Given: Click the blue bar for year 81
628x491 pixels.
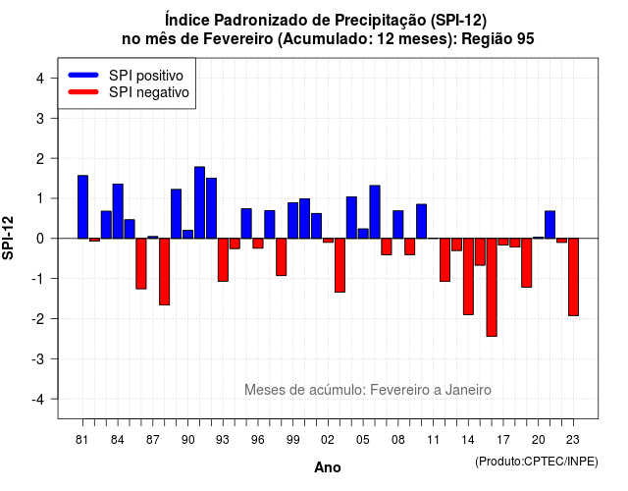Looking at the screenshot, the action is [x=82, y=207].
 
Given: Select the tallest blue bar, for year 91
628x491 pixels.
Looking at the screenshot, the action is [x=199, y=202].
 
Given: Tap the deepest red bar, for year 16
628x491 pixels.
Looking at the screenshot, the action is [x=492, y=288].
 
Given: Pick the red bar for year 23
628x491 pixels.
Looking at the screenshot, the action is [x=573, y=277].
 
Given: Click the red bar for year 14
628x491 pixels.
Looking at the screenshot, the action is [x=468, y=277].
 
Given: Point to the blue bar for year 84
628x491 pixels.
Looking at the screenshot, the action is [x=118, y=211].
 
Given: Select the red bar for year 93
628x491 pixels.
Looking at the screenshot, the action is [x=223, y=259].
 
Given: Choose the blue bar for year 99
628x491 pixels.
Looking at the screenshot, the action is [x=293, y=220].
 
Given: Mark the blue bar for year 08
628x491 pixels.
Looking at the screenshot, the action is [x=398, y=225].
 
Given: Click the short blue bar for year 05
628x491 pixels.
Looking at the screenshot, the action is [x=363, y=234].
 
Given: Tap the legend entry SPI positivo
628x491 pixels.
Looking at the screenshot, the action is [x=146, y=76].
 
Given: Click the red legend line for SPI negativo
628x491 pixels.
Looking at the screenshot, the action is [x=83, y=91].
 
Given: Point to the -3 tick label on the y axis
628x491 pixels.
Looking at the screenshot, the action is [x=39, y=358].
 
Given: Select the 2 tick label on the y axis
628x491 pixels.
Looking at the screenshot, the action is [x=40, y=158].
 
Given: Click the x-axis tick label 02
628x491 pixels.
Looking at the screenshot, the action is [x=328, y=440].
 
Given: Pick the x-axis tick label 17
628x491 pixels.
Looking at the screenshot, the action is [x=503, y=440].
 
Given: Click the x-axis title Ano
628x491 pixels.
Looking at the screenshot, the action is [x=328, y=467].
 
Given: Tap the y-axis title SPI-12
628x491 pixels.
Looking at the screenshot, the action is [x=8, y=238].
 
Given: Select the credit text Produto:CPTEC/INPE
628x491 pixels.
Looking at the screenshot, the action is [x=537, y=462].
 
